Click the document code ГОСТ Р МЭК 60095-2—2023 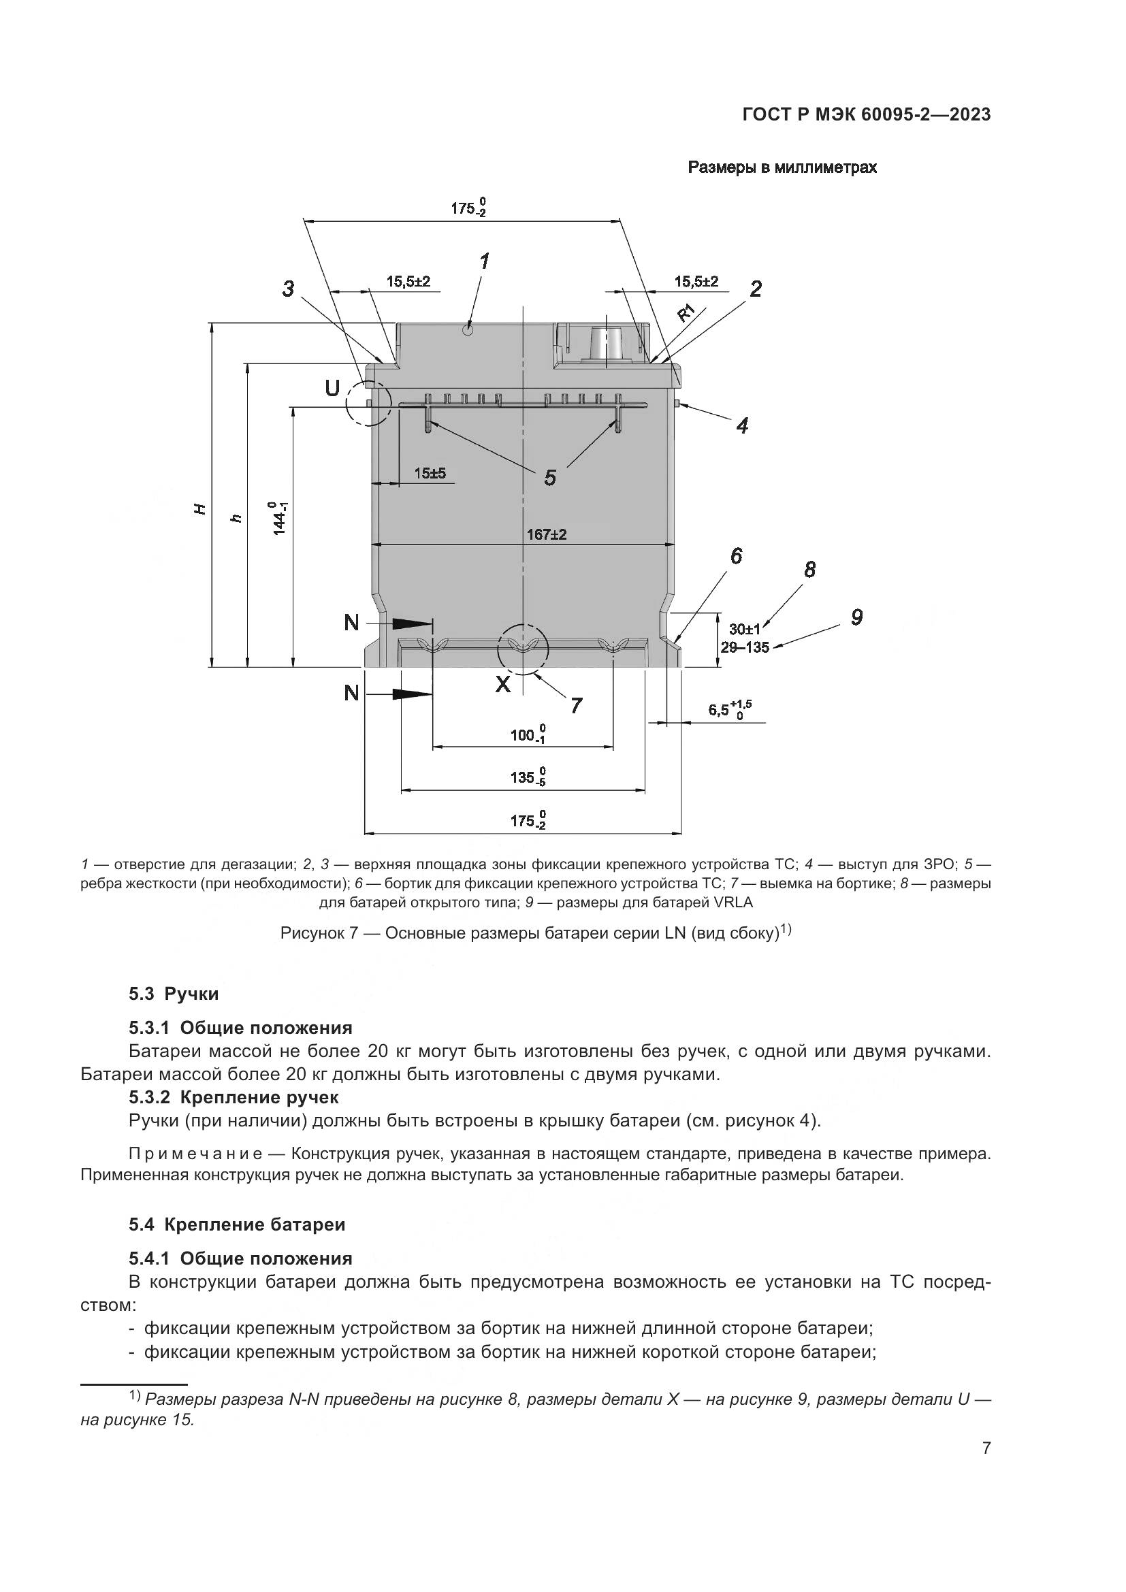pos(866,114)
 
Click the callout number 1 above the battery pos(485,262)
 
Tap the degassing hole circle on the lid pos(468,331)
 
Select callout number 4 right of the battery pos(742,425)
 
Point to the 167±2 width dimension pos(547,534)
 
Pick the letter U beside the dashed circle pos(333,388)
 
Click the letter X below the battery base pos(502,684)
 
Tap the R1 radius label pos(686,312)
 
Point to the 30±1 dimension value pos(745,630)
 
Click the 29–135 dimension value pos(745,647)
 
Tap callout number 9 pos(856,617)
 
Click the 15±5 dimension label pos(430,474)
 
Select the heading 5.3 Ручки pos(174,994)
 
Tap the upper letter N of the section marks pos(351,623)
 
